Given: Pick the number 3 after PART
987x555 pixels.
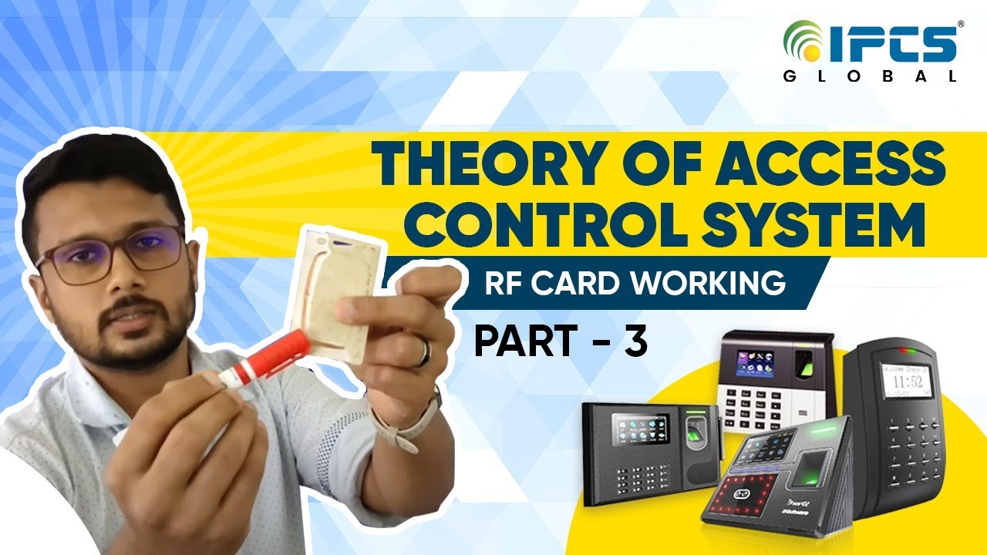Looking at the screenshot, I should (x=635, y=342).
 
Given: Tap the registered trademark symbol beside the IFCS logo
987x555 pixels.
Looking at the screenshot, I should (x=960, y=25).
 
